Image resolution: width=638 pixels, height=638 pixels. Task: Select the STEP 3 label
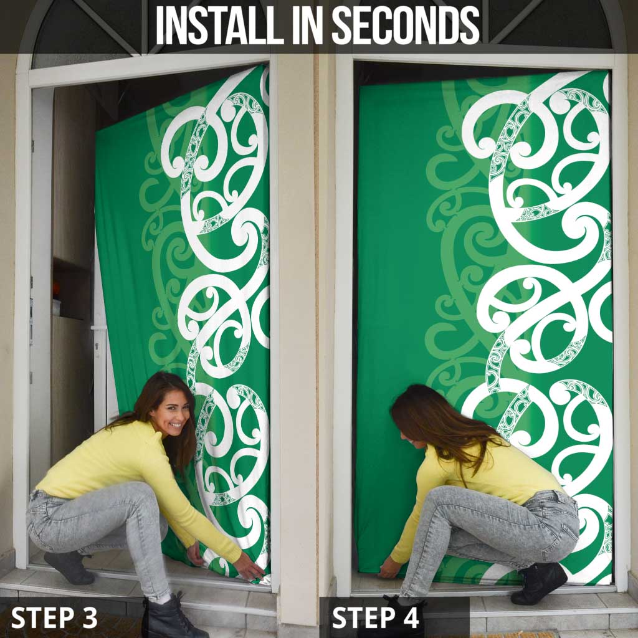(54, 617)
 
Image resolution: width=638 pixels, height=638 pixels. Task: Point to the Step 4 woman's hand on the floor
(389, 569)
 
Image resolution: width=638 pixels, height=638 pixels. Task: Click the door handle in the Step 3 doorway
(98, 328)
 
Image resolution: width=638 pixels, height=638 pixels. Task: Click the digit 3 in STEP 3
(89, 617)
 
